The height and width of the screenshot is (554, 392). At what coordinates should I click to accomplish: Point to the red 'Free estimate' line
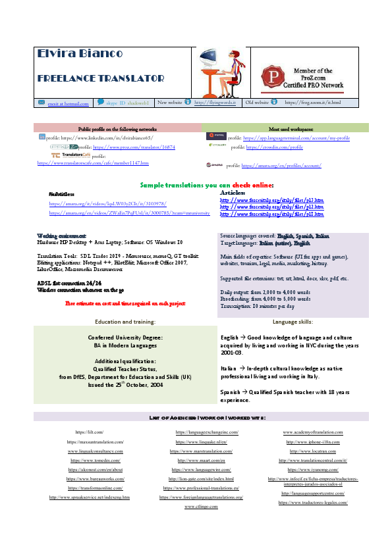[x=125, y=303]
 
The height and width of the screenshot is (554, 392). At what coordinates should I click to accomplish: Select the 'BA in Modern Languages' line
[x=125, y=344]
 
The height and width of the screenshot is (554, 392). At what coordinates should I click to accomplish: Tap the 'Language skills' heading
[x=293, y=322]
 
